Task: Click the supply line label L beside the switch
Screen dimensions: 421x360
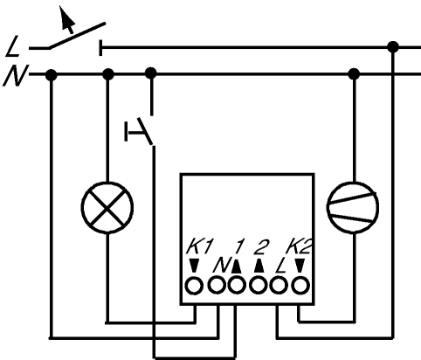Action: (x=12, y=46)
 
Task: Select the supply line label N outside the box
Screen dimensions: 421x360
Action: (x=15, y=75)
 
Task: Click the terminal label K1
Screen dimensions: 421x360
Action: (x=200, y=247)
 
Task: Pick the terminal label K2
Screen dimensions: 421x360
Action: (x=299, y=247)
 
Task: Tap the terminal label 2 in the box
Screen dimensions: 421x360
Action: (x=260, y=247)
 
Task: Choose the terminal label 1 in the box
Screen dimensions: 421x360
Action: (x=239, y=247)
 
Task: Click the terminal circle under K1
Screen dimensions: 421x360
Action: (x=194, y=286)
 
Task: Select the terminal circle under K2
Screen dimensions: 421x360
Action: (x=300, y=286)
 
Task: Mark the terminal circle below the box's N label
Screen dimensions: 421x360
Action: (x=217, y=286)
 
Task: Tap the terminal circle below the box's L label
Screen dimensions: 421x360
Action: (x=279, y=286)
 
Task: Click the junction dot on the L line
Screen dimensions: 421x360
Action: (x=393, y=47)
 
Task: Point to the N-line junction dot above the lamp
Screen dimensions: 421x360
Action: (x=108, y=74)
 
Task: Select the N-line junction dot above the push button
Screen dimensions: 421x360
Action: (x=150, y=73)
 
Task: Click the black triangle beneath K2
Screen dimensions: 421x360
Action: (x=300, y=266)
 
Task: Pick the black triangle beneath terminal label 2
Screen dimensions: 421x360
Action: (x=259, y=266)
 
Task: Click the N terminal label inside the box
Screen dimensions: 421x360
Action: (x=222, y=265)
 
